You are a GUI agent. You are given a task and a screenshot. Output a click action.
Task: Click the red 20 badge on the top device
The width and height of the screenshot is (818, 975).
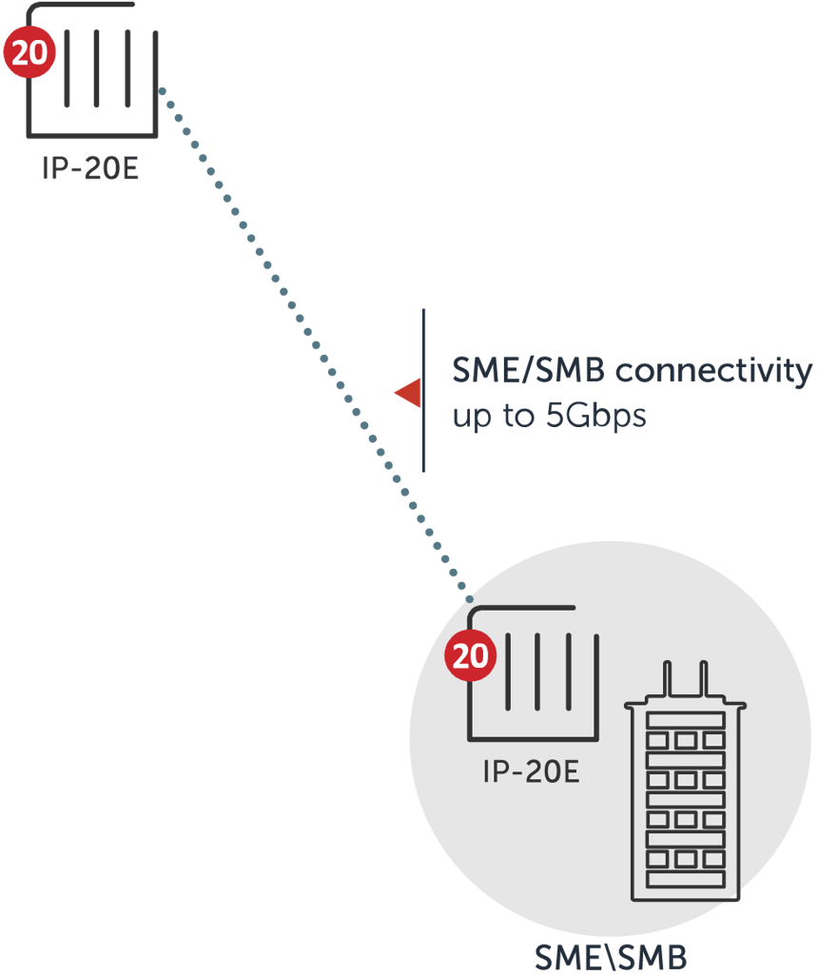[x=29, y=52]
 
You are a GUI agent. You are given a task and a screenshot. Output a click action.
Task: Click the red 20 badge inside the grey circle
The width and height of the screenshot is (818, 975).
[x=471, y=656]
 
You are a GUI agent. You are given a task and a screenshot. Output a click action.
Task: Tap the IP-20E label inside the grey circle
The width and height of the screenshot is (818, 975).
[x=532, y=771]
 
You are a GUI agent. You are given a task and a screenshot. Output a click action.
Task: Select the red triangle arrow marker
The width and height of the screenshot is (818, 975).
[x=409, y=393]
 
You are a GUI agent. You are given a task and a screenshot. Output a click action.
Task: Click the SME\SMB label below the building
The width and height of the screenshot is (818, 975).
[x=611, y=956]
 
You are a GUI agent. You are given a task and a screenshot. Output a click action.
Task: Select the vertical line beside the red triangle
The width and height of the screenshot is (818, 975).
[x=423, y=390]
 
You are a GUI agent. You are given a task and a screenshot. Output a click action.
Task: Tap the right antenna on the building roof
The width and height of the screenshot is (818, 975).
[x=703, y=679]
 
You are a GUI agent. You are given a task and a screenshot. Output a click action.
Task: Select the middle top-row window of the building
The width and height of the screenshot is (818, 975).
[x=686, y=740]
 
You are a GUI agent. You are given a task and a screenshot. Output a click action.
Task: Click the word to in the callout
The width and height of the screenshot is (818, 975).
[x=518, y=417]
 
